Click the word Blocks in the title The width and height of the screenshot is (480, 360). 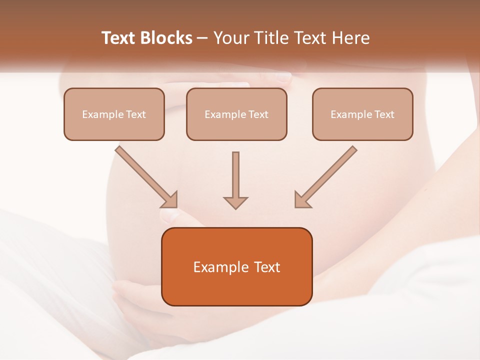167,38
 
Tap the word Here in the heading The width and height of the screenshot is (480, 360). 351,38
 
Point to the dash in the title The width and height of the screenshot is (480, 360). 202,38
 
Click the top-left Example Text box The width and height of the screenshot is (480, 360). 114,114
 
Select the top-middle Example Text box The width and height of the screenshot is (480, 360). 236,114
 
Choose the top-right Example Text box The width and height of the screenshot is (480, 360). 362,114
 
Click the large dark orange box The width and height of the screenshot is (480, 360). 236,266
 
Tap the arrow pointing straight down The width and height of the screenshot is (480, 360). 235,180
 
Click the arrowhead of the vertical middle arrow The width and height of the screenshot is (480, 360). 235,202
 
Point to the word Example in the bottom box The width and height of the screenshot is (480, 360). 217,267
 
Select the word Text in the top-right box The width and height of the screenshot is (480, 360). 384,114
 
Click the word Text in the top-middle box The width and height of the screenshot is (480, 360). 258,114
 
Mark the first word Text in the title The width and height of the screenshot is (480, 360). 118,38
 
